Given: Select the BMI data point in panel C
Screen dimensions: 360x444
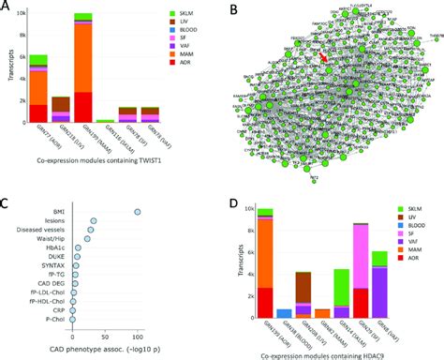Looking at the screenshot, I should [x=139, y=212].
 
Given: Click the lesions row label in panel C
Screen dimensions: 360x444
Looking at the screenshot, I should [x=56, y=221].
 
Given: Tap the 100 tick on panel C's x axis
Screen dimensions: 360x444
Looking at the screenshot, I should [x=137, y=335].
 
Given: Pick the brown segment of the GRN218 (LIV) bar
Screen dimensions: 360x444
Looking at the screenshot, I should [x=60, y=104].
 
